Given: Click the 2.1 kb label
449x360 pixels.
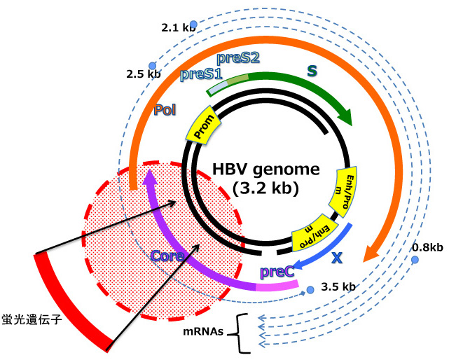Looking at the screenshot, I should pos(176,28).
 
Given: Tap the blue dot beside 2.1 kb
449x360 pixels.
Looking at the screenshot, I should pos(194,25).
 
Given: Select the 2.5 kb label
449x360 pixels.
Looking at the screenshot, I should pos(144,73).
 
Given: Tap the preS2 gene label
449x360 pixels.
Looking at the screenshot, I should pos(238,58).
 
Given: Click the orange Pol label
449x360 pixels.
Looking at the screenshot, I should pos(165,109).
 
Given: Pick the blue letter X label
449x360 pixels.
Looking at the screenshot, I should pos(337,256).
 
